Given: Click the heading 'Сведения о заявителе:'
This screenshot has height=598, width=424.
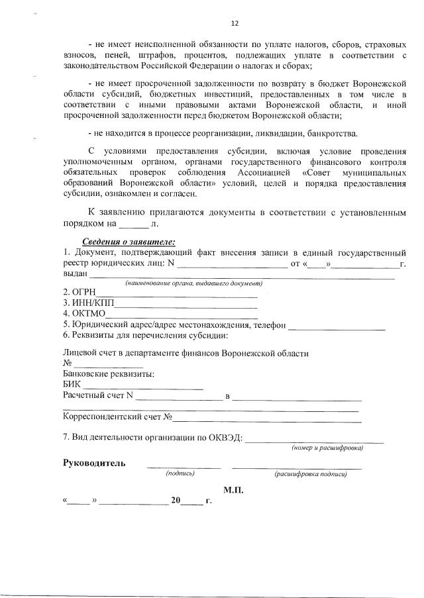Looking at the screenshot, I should click(x=129, y=241).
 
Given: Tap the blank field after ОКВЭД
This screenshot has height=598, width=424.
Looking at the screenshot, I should click(x=314, y=440).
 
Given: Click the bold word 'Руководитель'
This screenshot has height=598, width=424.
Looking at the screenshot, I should click(x=93, y=463).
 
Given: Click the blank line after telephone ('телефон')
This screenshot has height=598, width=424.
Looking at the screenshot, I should click(x=337, y=327).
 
